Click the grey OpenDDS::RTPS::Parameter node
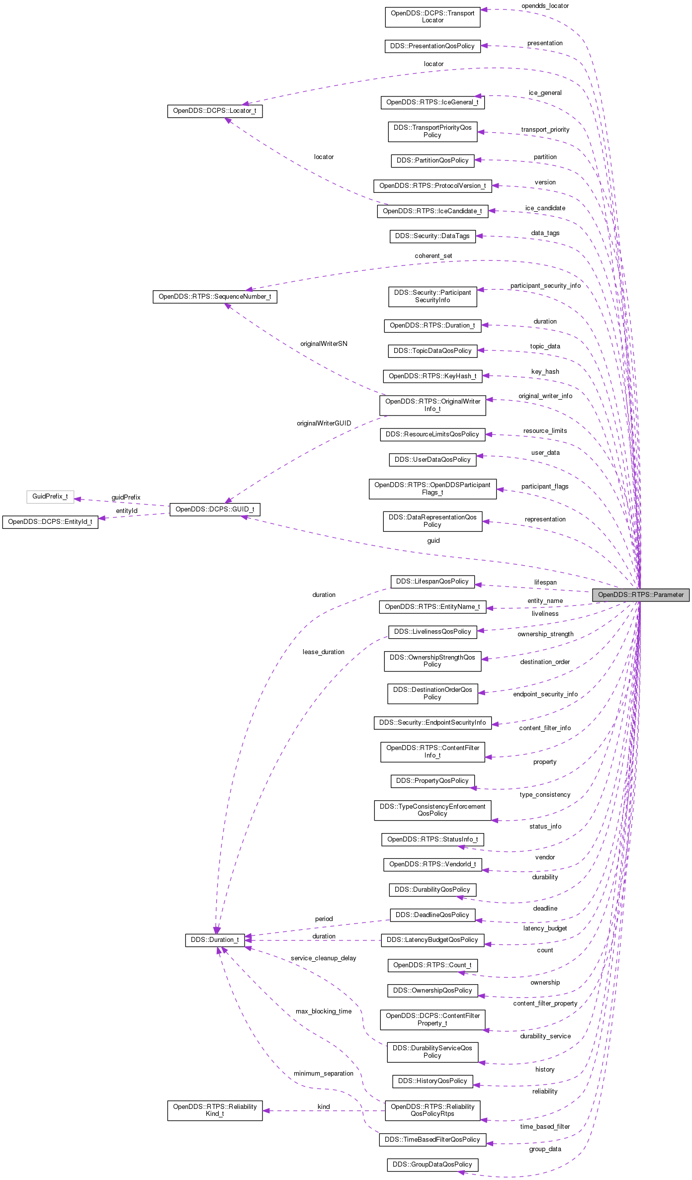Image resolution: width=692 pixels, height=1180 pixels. pos(640,594)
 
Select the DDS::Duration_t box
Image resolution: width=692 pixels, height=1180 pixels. pos(215,940)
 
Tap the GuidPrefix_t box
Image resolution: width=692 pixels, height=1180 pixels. pos(50,497)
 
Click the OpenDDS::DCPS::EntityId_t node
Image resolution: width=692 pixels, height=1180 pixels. pos(50,522)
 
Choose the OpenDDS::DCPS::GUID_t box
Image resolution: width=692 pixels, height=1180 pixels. pos(215,509)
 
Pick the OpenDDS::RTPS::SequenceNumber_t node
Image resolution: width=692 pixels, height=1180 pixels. pos(215,297)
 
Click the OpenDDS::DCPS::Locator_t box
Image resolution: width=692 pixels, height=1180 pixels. pos(215,111)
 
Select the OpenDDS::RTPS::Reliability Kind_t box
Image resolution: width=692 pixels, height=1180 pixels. pos(215,1110)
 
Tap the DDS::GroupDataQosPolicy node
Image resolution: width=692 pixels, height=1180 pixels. pos(432,1165)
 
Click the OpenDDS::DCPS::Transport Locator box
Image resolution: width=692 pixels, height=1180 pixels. pos(432,17)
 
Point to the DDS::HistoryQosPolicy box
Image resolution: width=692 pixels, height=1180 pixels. pos(432,1081)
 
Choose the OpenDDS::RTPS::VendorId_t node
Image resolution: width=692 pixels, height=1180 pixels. pos(432,864)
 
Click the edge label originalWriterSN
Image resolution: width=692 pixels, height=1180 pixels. pos(324,344)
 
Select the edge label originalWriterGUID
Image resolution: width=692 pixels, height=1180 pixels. pos(324,423)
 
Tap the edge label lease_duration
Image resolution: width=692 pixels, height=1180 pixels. pos(323,652)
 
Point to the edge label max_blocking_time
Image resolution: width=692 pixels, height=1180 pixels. pos(324,1011)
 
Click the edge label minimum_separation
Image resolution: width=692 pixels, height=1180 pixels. pos(324,1074)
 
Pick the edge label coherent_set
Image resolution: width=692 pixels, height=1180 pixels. pos(433,256)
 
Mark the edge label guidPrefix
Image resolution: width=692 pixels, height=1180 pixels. pos(126,498)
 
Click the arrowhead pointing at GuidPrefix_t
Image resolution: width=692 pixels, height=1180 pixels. pos(78,499)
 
